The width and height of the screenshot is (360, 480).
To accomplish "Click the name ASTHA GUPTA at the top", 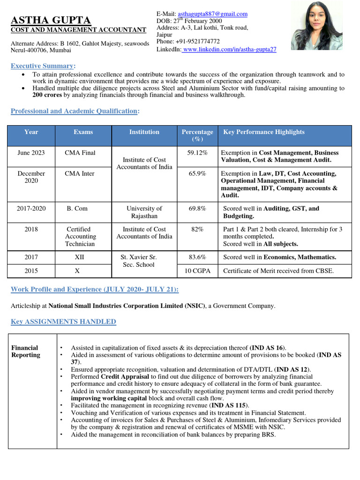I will [51, 20].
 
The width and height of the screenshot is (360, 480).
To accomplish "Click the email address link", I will [212, 14].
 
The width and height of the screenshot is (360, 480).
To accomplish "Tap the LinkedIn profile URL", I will [230, 49].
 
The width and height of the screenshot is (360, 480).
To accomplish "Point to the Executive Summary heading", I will [42, 66].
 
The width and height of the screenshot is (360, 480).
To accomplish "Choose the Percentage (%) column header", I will [197, 135].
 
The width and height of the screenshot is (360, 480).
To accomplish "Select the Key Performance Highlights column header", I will [264, 132].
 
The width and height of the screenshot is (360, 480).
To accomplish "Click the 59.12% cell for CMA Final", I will [197, 153].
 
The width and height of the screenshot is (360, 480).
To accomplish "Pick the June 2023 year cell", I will [31, 153].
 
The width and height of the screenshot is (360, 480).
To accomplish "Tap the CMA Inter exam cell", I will [80, 173].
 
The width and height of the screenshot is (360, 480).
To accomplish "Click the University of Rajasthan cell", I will [144, 212].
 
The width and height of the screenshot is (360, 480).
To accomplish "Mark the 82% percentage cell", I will [197, 229].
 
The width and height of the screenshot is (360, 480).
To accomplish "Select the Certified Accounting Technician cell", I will [80, 236].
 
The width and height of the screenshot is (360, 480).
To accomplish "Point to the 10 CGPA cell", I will [197, 271].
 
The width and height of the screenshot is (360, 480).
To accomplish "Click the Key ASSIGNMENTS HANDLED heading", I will [63, 322].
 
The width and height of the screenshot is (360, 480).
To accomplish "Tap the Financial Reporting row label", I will [26, 351].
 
